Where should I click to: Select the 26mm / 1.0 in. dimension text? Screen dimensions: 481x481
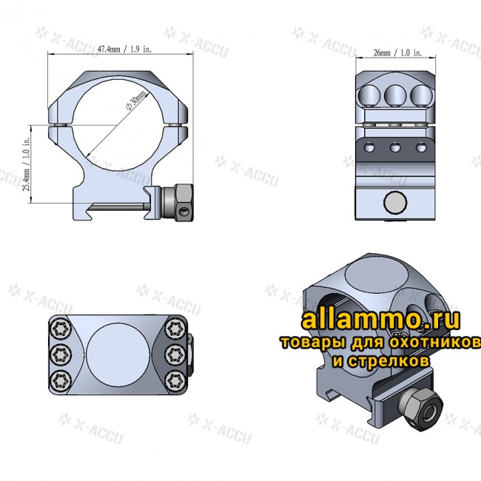pyautogui.click(x=393, y=53)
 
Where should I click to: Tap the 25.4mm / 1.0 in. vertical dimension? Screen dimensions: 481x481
pyautogui.click(x=27, y=164)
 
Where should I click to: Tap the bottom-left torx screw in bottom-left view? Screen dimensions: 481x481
pyautogui.click(x=59, y=380)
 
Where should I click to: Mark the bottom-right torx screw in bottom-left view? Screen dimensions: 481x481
pyautogui.click(x=175, y=380)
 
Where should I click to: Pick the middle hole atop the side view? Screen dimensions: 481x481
pyautogui.click(x=394, y=94)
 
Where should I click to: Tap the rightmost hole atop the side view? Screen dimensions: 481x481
pyautogui.click(x=421, y=94)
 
